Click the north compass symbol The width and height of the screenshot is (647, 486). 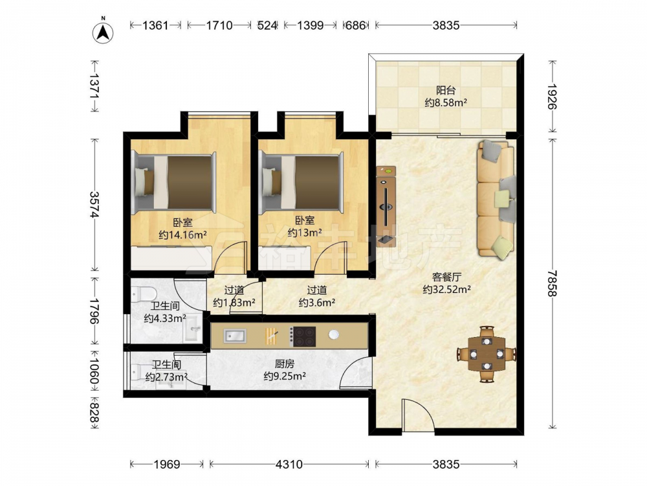click(x=103, y=32)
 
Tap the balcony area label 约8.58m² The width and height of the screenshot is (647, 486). click(x=446, y=102)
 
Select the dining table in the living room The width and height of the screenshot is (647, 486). click(x=487, y=354)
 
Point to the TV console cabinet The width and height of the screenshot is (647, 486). click(x=386, y=206)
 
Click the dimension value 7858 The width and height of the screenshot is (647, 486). click(x=552, y=284)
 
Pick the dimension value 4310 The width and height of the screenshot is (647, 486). click(x=289, y=465)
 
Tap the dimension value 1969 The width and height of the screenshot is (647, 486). click(x=167, y=465)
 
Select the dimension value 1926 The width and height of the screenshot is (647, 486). click(x=552, y=97)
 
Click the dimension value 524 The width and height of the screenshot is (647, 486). click(x=267, y=26)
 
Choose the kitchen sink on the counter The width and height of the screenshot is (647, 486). click(x=236, y=336)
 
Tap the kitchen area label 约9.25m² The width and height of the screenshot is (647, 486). click(x=285, y=376)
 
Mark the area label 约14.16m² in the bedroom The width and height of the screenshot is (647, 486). click(x=183, y=235)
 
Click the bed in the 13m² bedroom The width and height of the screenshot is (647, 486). click(x=302, y=182)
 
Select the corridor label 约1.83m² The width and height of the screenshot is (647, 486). click(x=234, y=303)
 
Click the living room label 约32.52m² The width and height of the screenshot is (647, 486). click(x=447, y=290)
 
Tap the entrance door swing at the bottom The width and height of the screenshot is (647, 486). click(x=417, y=415)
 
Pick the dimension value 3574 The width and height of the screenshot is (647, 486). click(x=94, y=205)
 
